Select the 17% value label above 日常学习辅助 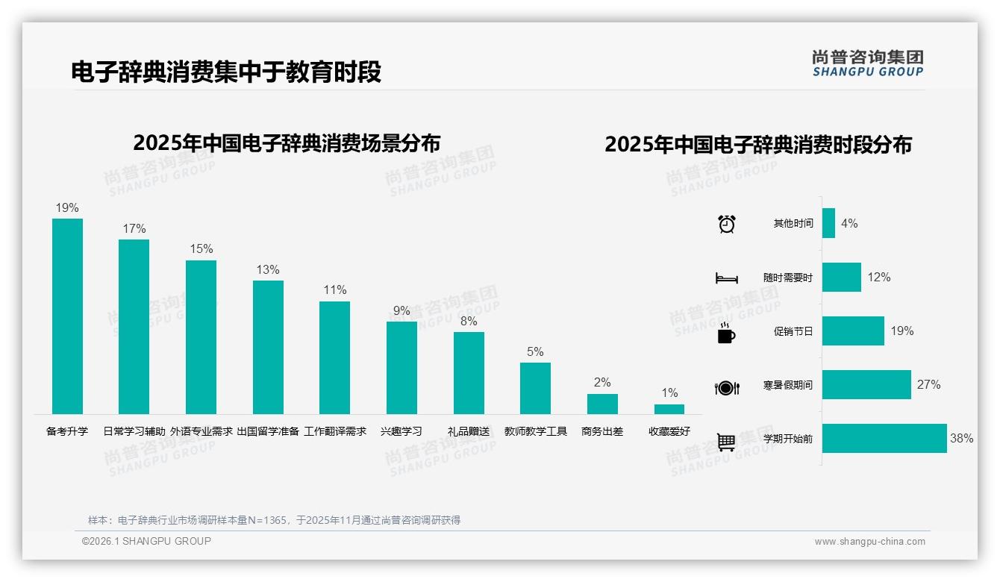pos(134,228)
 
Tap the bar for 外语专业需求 pos(201,337)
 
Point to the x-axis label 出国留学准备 pos(268,431)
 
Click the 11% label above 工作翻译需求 pos(335,290)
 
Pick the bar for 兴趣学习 pos(401,367)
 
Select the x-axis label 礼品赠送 pos(469,431)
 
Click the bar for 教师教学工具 pos(535,388)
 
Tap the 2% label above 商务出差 pos(602,382)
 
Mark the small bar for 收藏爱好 pos(669,409)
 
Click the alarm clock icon pos(727,224)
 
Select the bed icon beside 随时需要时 pos(727,278)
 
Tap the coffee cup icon pos(726,333)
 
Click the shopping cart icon pos(726,442)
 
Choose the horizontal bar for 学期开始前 pos(884,439)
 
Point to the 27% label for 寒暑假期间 pos(929,385)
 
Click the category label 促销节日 pos(793,331)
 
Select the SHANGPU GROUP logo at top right pos(868,63)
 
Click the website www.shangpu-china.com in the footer pos(869,542)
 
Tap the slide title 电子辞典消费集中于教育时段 pos(226,72)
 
